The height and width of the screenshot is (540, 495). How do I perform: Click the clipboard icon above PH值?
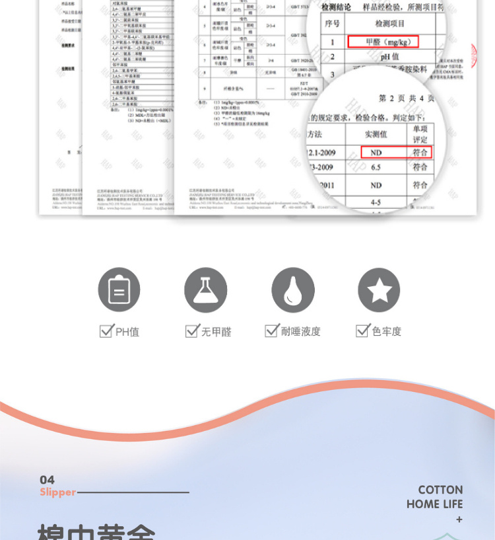point(119,290)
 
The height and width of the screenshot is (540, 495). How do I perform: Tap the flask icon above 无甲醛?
point(205,290)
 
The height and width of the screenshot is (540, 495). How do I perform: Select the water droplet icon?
point(293,290)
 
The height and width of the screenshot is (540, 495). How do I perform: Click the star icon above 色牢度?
point(379,290)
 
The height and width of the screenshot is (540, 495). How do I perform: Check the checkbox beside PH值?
point(106,330)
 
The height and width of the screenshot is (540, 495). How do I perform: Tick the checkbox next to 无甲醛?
point(192,330)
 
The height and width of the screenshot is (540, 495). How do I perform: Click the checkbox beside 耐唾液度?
point(271,330)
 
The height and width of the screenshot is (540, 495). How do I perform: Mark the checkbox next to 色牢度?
point(362,330)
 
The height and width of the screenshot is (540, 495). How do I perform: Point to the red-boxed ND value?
point(376,152)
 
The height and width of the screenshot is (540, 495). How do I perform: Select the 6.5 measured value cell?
point(376,168)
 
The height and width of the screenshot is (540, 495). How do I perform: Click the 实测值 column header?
point(376,134)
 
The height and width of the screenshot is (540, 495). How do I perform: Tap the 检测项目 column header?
point(389,24)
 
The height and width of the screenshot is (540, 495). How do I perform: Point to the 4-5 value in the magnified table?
point(376,202)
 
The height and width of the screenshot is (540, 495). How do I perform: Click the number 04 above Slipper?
point(47,480)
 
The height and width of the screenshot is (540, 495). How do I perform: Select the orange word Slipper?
point(57,492)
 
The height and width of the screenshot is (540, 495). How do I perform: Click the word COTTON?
point(440,490)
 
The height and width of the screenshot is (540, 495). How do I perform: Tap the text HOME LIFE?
point(434,504)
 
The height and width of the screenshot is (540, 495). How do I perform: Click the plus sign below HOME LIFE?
point(459,520)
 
